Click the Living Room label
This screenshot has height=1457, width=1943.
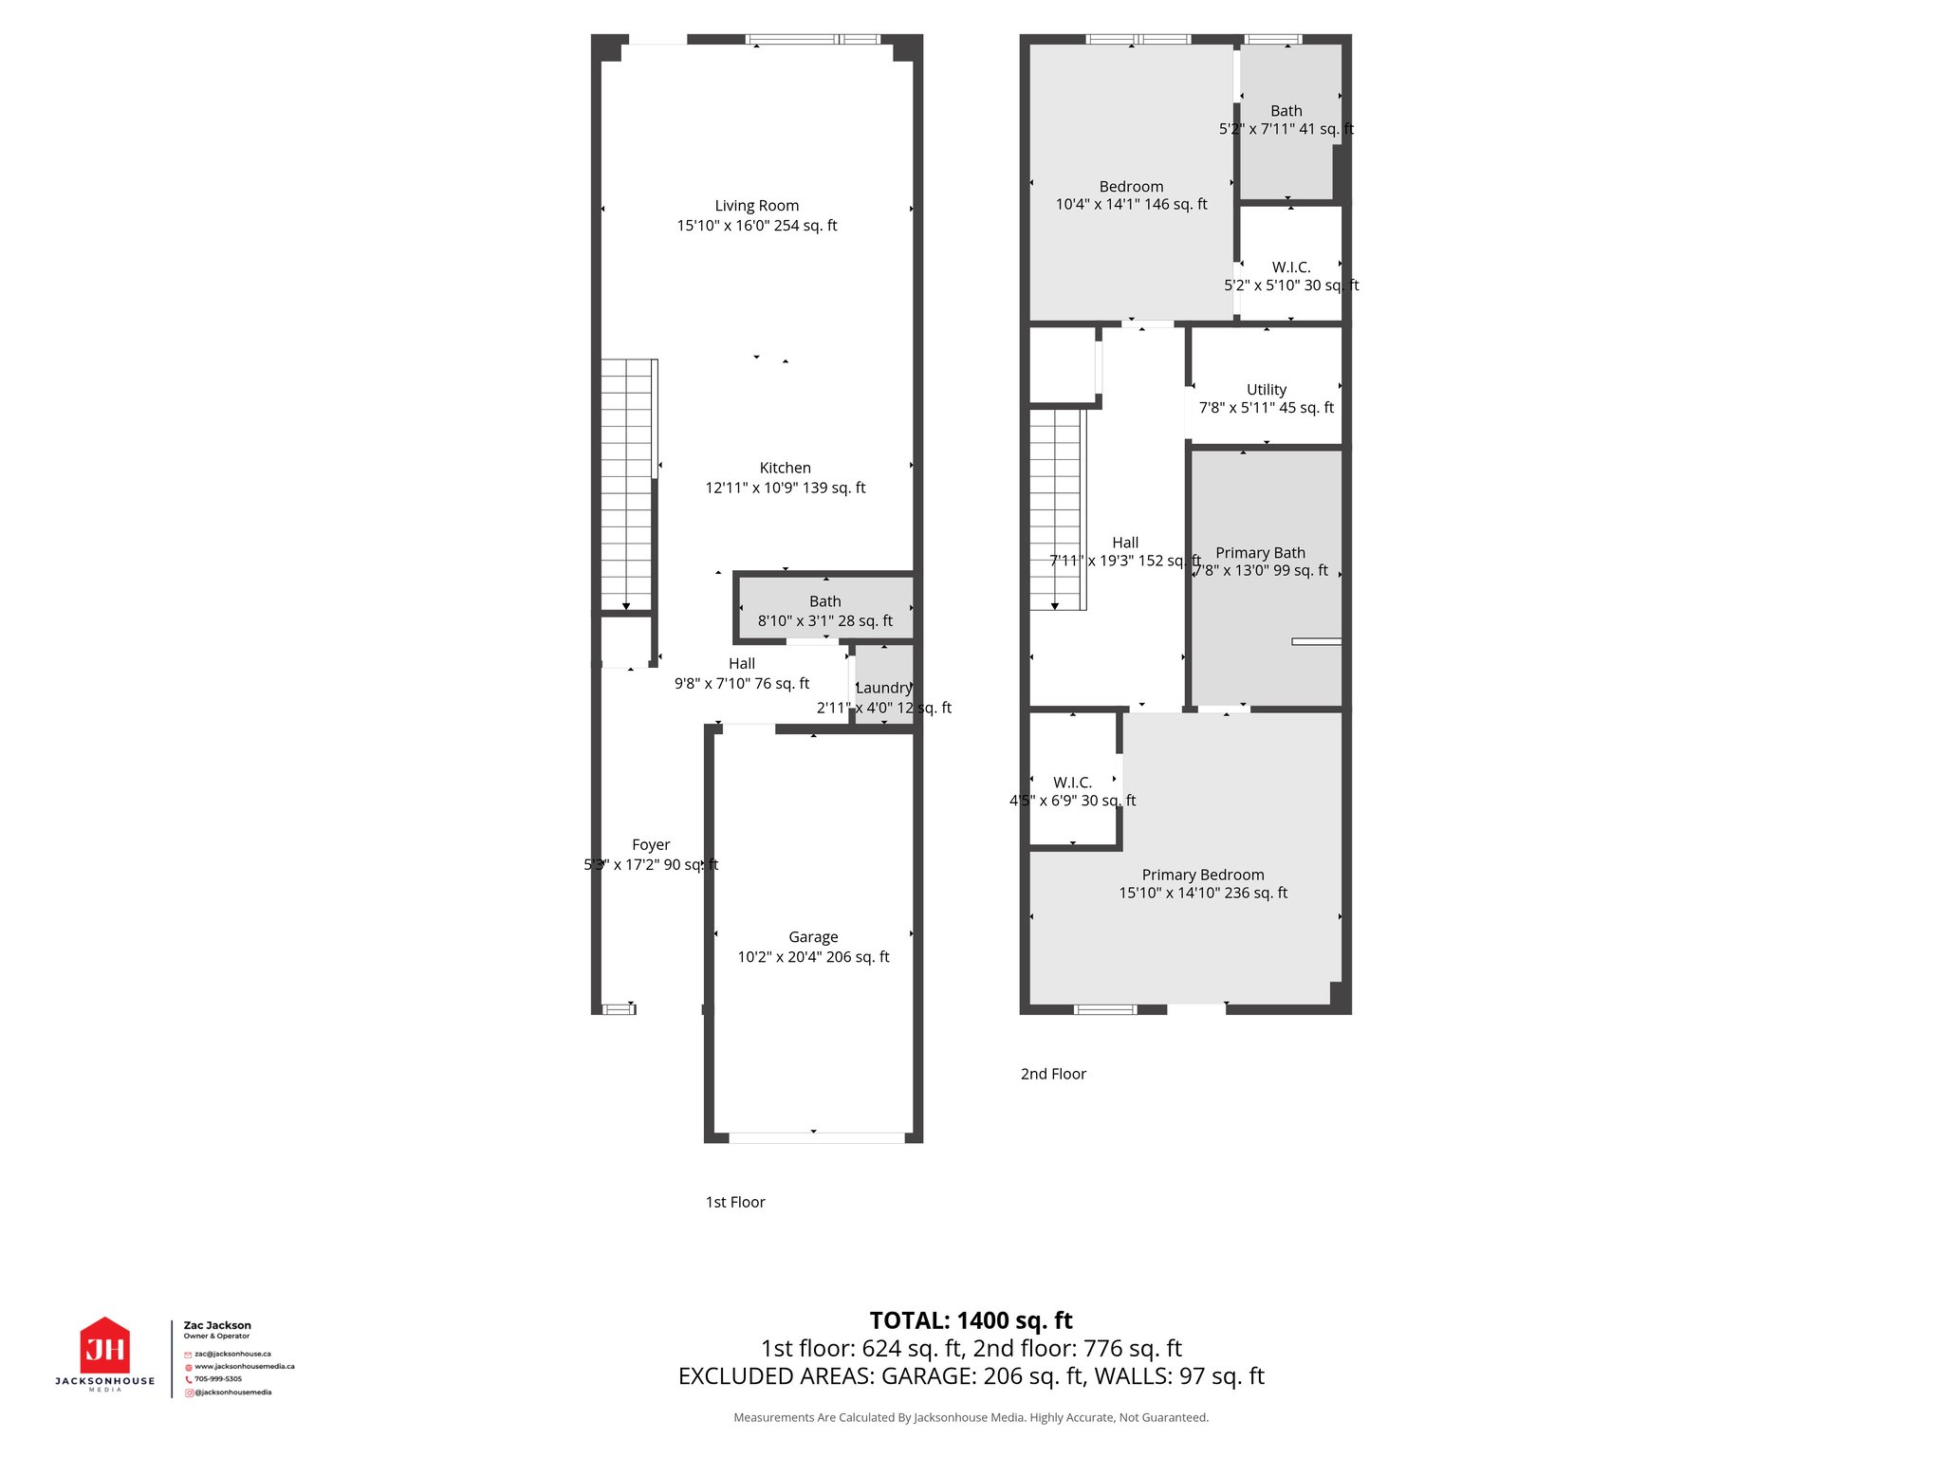point(756,206)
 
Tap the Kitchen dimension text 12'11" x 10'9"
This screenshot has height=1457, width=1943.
point(785,488)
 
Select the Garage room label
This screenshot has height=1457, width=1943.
point(813,937)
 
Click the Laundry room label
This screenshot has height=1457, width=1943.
point(883,688)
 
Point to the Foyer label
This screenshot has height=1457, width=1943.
point(651,844)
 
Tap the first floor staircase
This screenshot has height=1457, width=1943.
point(626,484)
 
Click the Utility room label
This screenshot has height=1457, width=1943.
point(1266,390)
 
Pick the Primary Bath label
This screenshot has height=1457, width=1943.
point(1260,553)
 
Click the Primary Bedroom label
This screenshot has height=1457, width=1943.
point(1202,875)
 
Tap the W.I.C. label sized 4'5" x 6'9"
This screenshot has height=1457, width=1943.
point(1072,783)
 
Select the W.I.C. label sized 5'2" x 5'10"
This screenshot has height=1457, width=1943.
point(1290,267)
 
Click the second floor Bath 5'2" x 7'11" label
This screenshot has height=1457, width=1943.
point(1286,111)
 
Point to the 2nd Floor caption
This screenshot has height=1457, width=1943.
point(1053,1074)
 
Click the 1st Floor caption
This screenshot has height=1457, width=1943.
point(734,1202)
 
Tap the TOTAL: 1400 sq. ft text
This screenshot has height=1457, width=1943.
point(971,1320)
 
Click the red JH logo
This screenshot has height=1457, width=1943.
point(104,1347)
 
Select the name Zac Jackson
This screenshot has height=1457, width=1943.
point(217,1325)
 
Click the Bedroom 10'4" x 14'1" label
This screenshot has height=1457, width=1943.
point(1131,187)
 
